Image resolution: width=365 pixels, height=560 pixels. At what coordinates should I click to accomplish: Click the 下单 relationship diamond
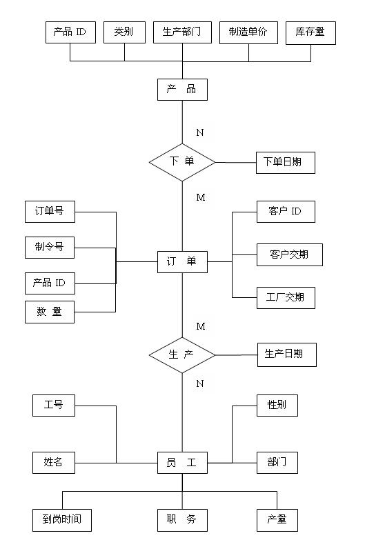click(182, 162)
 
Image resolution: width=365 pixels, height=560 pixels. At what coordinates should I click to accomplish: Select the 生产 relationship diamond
click(182, 355)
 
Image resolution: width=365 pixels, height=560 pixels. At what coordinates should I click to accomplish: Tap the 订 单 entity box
click(182, 262)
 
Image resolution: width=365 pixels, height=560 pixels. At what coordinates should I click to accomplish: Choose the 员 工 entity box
click(182, 463)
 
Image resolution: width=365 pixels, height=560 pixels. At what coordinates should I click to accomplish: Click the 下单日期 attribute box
click(286, 163)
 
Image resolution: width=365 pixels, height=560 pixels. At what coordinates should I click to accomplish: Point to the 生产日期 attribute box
click(287, 354)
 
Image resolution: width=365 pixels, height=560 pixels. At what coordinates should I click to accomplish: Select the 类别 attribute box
click(124, 32)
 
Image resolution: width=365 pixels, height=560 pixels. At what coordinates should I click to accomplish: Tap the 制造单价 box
click(248, 32)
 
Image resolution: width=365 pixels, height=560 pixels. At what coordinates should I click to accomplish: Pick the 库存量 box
click(310, 33)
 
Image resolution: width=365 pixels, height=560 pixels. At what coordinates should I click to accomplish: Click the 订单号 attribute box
click(50, 212)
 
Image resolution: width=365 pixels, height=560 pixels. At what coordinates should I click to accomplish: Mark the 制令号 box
click(50, 247)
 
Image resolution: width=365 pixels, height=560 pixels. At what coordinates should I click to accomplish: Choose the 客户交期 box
click(290, 254)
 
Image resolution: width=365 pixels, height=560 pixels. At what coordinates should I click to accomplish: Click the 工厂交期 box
click(286, 297)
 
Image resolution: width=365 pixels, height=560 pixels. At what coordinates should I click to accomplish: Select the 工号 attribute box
click(54, 406)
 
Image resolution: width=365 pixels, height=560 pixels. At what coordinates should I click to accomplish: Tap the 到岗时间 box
click(62, 520)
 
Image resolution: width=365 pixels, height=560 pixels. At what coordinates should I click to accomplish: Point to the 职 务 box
click(182, 520)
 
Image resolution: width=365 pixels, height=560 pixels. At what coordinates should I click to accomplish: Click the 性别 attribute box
click(277, 406)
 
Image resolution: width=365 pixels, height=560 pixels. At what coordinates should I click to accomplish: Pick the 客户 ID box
click(286, 212)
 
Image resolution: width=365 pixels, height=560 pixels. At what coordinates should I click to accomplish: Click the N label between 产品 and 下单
click(200, 132)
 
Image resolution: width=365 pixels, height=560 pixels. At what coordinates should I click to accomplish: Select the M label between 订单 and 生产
click(201, 326)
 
